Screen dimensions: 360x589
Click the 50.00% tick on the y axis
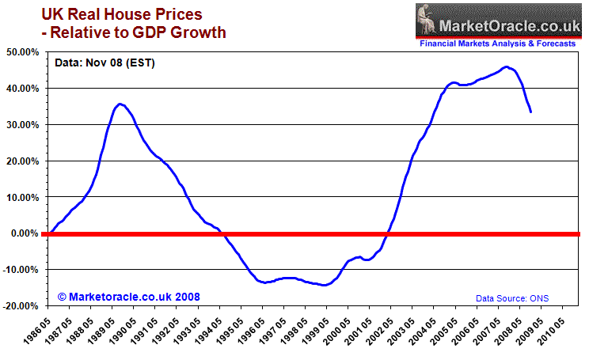point(24,52)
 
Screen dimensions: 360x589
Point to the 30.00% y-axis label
point(24,125)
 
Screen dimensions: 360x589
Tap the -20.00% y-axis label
point(22,305)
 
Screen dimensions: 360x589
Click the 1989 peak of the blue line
point(120,104)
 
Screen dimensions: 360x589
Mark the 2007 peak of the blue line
point(507,67)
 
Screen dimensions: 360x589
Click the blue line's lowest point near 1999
point(325,286)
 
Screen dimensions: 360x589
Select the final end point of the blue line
point(530,112)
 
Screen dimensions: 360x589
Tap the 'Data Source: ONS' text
point(512,298)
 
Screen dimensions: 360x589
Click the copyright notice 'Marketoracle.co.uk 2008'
point(129,297)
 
